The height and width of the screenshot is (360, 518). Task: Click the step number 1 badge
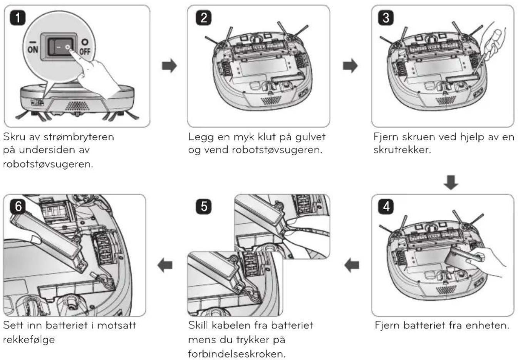click(x=18, y=18)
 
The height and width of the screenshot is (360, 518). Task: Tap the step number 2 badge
click(x=203, y=18)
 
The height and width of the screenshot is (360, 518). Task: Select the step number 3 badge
click(x=386, y=18)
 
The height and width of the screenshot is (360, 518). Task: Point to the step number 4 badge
click(x=386, y=206)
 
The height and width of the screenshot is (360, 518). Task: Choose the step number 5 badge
click(x=203, y=206)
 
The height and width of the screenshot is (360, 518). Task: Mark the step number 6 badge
click(x=18, y=206)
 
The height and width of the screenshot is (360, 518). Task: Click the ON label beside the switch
click(x=33, y=47)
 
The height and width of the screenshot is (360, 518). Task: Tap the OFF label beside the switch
click(x=85, y=47)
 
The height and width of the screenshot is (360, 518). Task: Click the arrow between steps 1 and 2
click(x=169, y=66)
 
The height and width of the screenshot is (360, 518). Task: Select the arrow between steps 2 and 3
click(x=350, y=66)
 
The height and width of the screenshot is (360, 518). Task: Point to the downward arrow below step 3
click(x=451, y=183)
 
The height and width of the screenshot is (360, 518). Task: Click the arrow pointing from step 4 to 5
click(x=352, y=265)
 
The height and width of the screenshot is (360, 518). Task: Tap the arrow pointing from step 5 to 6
click(x=165, y=265)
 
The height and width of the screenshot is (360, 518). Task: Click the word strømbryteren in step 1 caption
click(x=79, y=137)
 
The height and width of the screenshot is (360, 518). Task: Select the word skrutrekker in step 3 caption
click(x=402, y=150)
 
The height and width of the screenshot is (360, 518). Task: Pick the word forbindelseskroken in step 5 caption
click(x=236, y=354)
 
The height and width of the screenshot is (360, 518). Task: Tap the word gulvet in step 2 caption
click(x=310, y=137)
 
